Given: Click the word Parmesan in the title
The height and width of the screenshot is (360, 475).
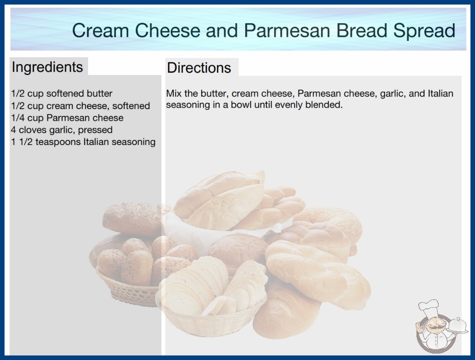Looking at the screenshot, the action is click(x=287, y=30).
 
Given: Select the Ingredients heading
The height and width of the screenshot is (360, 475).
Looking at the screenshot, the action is click(x=47, y=67).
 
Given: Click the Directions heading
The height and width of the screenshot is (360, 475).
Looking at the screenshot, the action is click(x=199, y=68).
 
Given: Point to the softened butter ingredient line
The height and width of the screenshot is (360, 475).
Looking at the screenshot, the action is click(x=61, y=94).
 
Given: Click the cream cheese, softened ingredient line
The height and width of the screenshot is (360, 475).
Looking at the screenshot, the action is click(x=80, y=105).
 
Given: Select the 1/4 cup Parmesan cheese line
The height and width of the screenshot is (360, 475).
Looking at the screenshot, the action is click(x=67, y=118).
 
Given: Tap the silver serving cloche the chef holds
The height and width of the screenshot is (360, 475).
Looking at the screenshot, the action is click(x=457, y=325).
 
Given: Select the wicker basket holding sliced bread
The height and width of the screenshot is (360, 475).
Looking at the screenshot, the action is click(x=212, y=319).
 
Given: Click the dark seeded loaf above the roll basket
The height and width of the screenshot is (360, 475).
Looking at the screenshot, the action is click(x=135, y=219).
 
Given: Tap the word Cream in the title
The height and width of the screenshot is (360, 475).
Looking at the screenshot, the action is click(x=100, y=30).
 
